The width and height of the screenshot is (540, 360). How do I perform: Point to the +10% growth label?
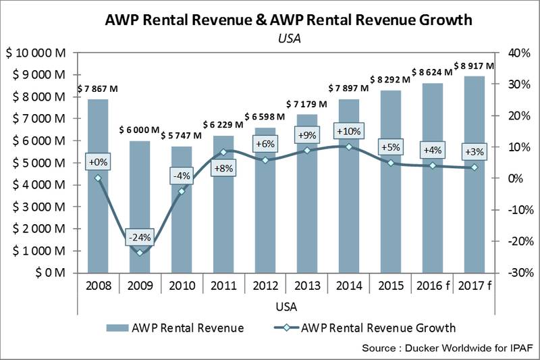[348, 131]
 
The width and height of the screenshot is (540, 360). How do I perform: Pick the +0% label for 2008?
[98, 162]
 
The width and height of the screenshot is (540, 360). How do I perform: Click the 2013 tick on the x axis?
[306, 285]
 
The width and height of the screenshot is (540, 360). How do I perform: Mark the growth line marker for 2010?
[181, 191]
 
